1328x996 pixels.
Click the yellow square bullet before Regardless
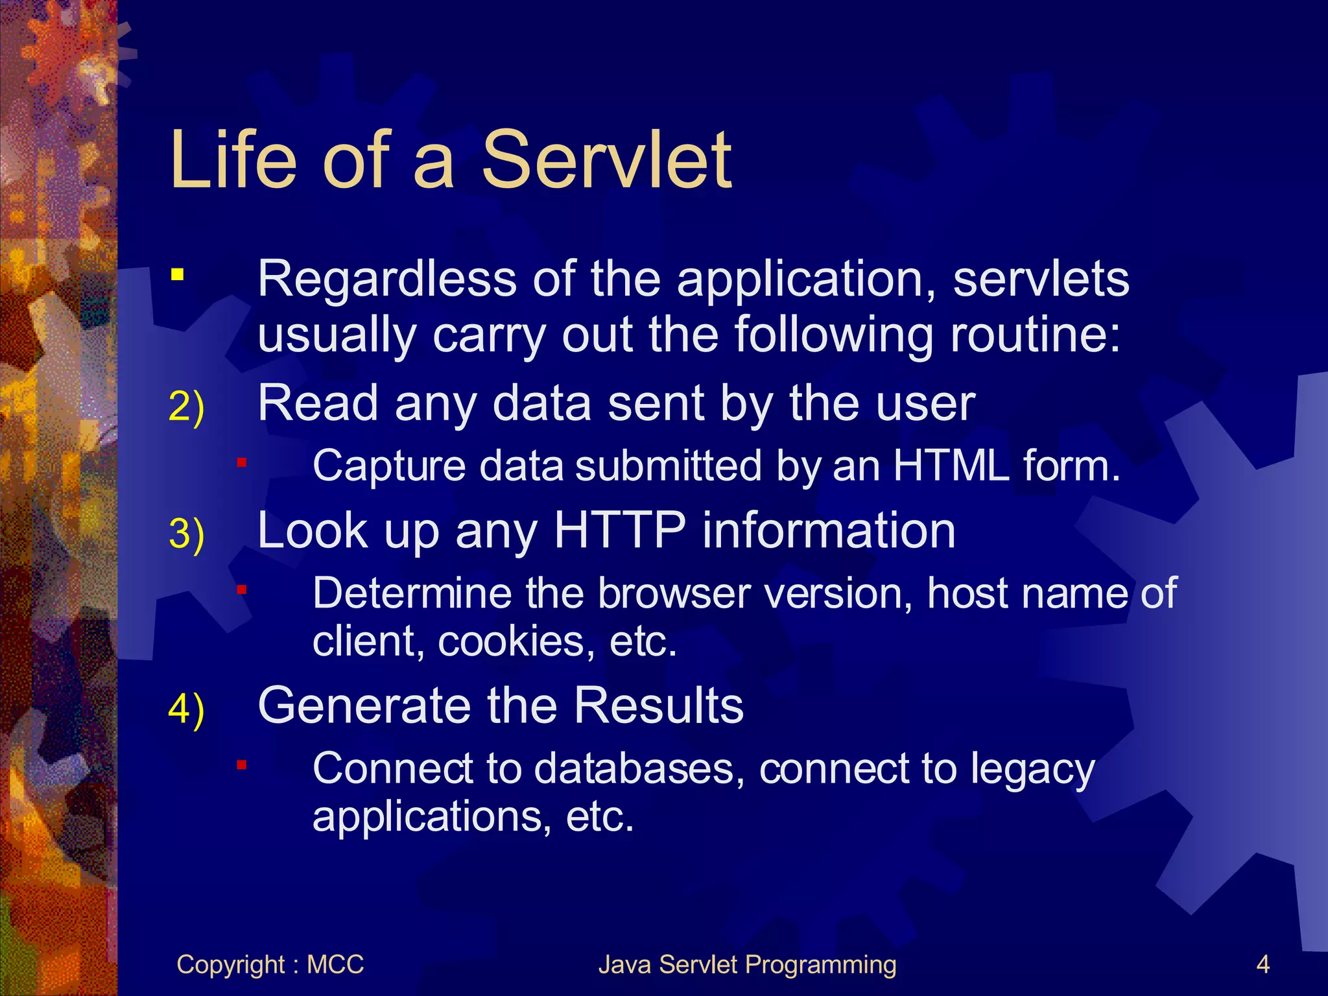(x=177, y=275)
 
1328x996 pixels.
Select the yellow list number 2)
(x=186, y=407)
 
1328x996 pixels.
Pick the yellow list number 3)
(x=186, y=534)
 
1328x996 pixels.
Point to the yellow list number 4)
(x=186, y=709)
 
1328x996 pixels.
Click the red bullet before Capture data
(x=241, y=462)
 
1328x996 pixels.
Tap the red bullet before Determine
(x=241, y=590)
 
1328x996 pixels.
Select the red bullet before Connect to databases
(x=241, y=765)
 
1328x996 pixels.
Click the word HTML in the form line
(x=951, y=466)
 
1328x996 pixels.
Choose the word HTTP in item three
(x=619, y=530)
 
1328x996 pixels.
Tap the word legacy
(x=1032, y=770)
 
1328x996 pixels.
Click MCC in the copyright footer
(x=335, y=965)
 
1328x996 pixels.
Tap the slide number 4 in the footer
(x=1263, y=965)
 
